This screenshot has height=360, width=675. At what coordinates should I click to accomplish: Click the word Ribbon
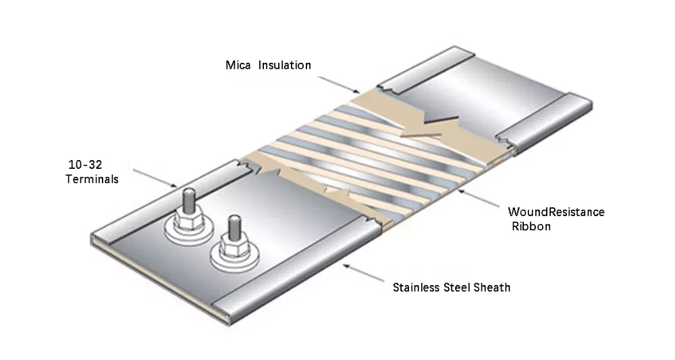click(531, 227)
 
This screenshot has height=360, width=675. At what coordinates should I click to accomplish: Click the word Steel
click(460, 288)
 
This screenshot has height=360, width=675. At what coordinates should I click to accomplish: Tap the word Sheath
click(494, 288)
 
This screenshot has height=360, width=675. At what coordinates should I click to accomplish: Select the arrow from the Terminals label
click(155, 177)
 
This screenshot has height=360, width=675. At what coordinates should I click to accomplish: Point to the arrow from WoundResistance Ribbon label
click(480, 199)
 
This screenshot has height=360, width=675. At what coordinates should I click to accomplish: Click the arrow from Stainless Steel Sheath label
click(364, 272)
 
